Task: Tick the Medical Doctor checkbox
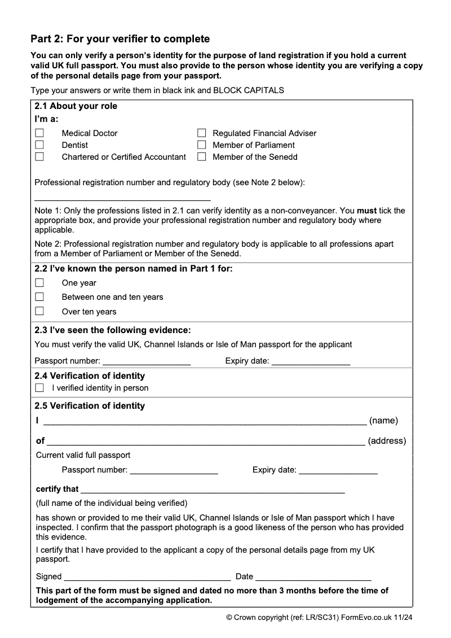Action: click(x=39, y=133)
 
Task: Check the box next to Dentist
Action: click(x=39, y=145)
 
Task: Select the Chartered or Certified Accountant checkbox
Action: click(x=39, y=157)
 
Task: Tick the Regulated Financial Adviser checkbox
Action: click(x=201, y=133)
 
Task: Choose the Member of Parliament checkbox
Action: click(x=201, y=145)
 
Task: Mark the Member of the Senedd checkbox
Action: click(x=201, y=157)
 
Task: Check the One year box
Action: click(x=39, y=283)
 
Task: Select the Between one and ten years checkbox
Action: click(x=39, y=297)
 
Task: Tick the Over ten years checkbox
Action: click(x=39, y=311)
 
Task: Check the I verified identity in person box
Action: click(x=39, y=388)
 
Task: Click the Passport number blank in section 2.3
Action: click(x=147, y=361)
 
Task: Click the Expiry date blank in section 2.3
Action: click(x=311, y=361)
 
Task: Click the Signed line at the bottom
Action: click(x=147, y=577)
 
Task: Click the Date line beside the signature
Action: click(x=313, y=577)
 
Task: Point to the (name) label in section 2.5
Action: click(x=383, y=421)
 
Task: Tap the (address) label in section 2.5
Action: click(x=387, y=441)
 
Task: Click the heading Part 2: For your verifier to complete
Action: click(x=120, y=39)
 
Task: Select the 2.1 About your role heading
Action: click(x=76, y=106)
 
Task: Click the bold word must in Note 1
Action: click(x=367, y=211)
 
